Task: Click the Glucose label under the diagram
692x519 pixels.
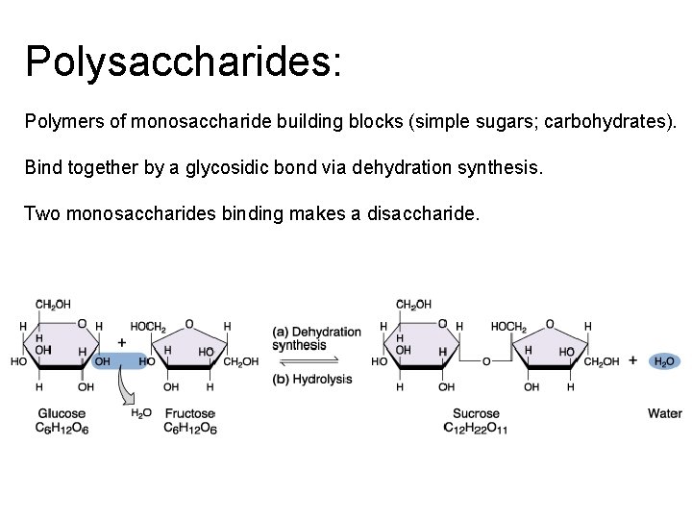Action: pos(61,414)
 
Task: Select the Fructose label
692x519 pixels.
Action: pos(189,414)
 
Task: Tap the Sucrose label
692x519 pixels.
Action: pos(475,414)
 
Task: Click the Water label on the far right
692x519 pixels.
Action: pos(664,414)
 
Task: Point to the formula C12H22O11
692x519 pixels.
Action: pos(475,428)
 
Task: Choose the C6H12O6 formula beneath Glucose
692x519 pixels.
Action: pos(62,428)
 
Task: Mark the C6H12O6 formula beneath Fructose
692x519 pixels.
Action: pos(189,428)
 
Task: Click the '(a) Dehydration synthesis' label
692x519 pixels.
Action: pos(316,338)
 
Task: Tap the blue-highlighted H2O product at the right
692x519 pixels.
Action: pos(663,361)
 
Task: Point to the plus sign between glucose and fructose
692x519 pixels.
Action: pos(122,342)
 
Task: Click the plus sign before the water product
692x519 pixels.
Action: pos(632,360)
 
